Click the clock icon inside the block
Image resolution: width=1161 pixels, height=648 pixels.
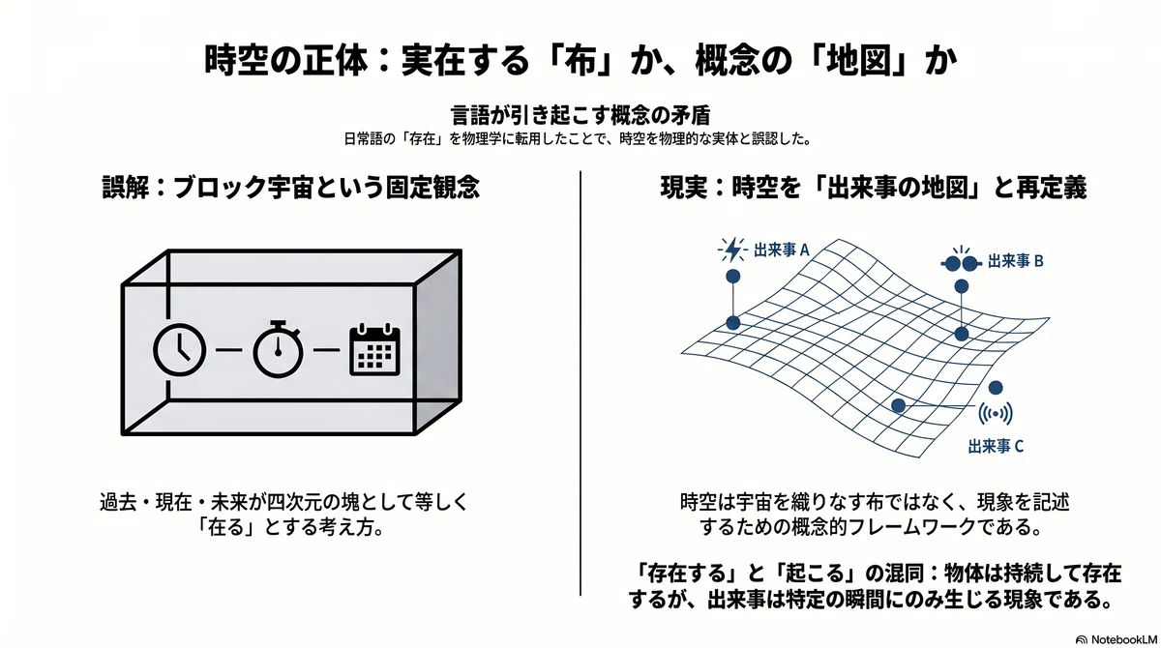coord(179,350)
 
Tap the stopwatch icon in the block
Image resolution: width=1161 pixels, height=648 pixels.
coord(279,348)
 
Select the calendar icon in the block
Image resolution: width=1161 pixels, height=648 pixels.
coord(374,349)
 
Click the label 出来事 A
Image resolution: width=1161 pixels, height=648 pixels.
coord(781,250)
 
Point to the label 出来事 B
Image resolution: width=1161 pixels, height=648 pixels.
coord(1015,261)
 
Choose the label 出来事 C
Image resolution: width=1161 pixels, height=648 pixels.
coord(996,446)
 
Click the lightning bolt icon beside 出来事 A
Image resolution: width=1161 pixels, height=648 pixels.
coord(732,250)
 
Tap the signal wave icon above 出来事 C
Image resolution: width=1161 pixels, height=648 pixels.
coord(996,414)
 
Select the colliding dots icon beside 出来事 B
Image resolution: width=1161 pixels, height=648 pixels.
coord(962,263)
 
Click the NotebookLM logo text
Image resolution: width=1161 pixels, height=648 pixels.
coord(1124,639)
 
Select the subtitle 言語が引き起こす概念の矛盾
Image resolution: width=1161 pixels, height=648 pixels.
coord(580,115)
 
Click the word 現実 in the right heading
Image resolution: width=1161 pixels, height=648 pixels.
coord(684,187)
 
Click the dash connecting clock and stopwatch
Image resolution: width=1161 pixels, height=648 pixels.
coord(228,350)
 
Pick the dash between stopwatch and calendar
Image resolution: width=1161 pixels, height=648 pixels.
coord(327,350)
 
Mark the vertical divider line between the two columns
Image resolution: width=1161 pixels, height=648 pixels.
coord(580,383)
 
